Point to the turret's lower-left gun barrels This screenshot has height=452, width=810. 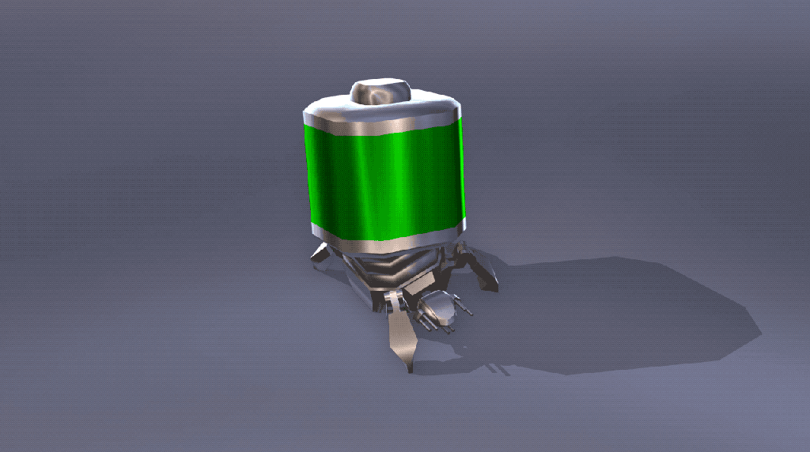(428, 322)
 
